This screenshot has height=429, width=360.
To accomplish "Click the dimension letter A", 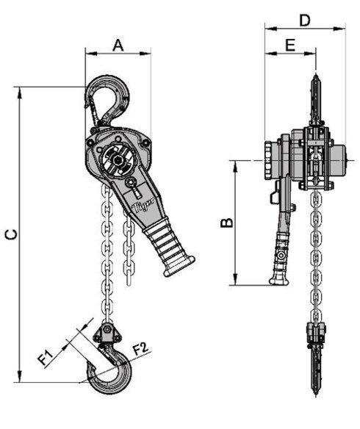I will [118, 46].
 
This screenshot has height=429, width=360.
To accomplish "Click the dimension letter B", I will [227, 221].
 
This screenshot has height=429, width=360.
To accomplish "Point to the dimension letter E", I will [289, 46].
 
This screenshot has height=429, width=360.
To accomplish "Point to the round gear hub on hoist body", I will [115, 157].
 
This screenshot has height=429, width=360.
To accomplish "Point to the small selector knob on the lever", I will [130, 183].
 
